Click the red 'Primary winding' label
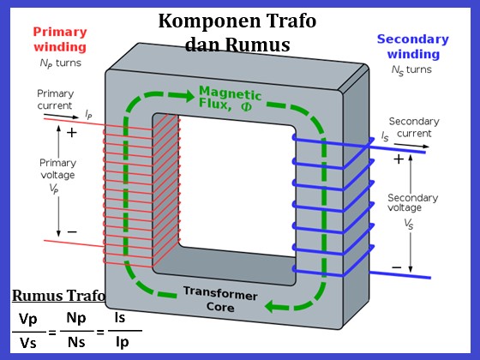pos(60,39)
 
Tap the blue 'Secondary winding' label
pos(412,46)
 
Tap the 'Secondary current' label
pos(414,127)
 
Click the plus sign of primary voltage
pos(71,133)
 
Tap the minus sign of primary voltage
pos(71,231)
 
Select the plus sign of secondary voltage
pos(398,159)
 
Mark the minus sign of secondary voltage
pos(396,267)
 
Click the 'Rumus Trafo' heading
pos(58,297)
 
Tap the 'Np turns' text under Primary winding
pos(60,63)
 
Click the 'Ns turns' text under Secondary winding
pos(412,69)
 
